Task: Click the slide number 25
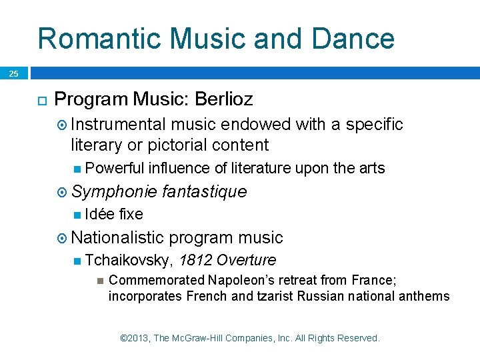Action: pos(13,74)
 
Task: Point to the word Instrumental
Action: pos(119,125)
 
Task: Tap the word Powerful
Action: pos(115,169)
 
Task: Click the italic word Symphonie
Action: pos(114,192)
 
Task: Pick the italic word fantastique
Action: pos(204,192)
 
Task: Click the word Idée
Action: pos(99,215)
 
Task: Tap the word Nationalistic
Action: pos(117,237)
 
